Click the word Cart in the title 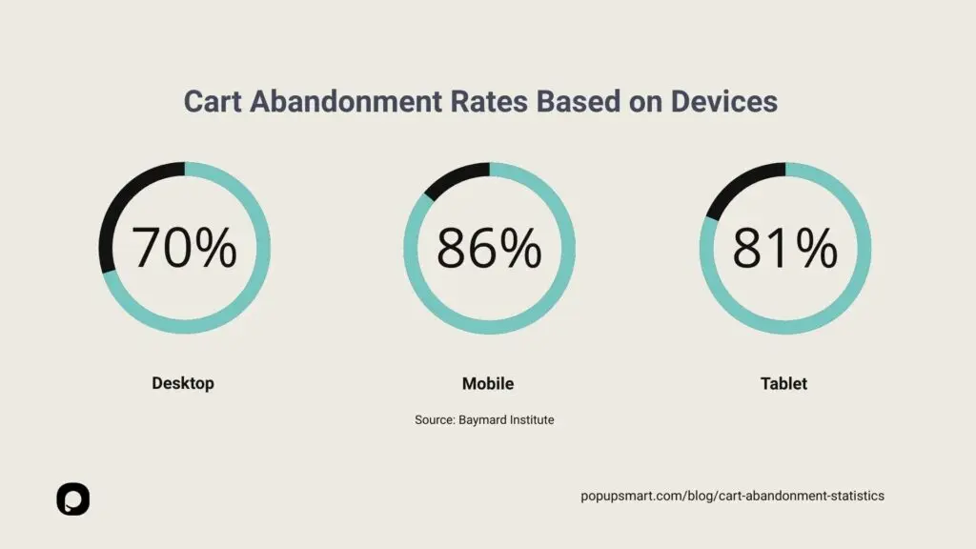(212, 102)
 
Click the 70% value (184, 248)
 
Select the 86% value (489, 248)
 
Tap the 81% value (784, 248)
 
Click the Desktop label (183, 383)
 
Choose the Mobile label (488, 383)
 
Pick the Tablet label (783, 383)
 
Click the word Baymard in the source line (488, 419)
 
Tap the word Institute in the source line (532, 419)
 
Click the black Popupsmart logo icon (72, 498)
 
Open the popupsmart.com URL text (732, 496)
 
